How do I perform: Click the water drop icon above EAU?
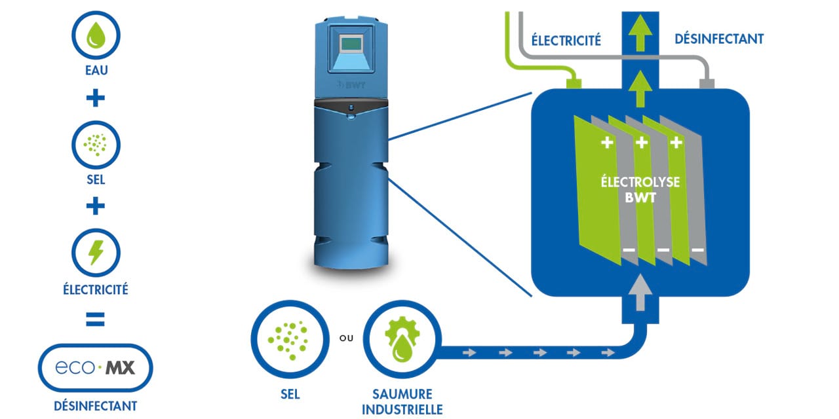96,36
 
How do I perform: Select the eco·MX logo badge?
96,368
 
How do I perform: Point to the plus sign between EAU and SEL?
96,99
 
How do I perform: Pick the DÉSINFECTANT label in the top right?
719,39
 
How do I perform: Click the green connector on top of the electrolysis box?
574,83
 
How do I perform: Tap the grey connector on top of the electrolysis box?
707,84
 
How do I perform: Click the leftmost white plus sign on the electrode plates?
607,143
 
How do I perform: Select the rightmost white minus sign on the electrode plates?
697,250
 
